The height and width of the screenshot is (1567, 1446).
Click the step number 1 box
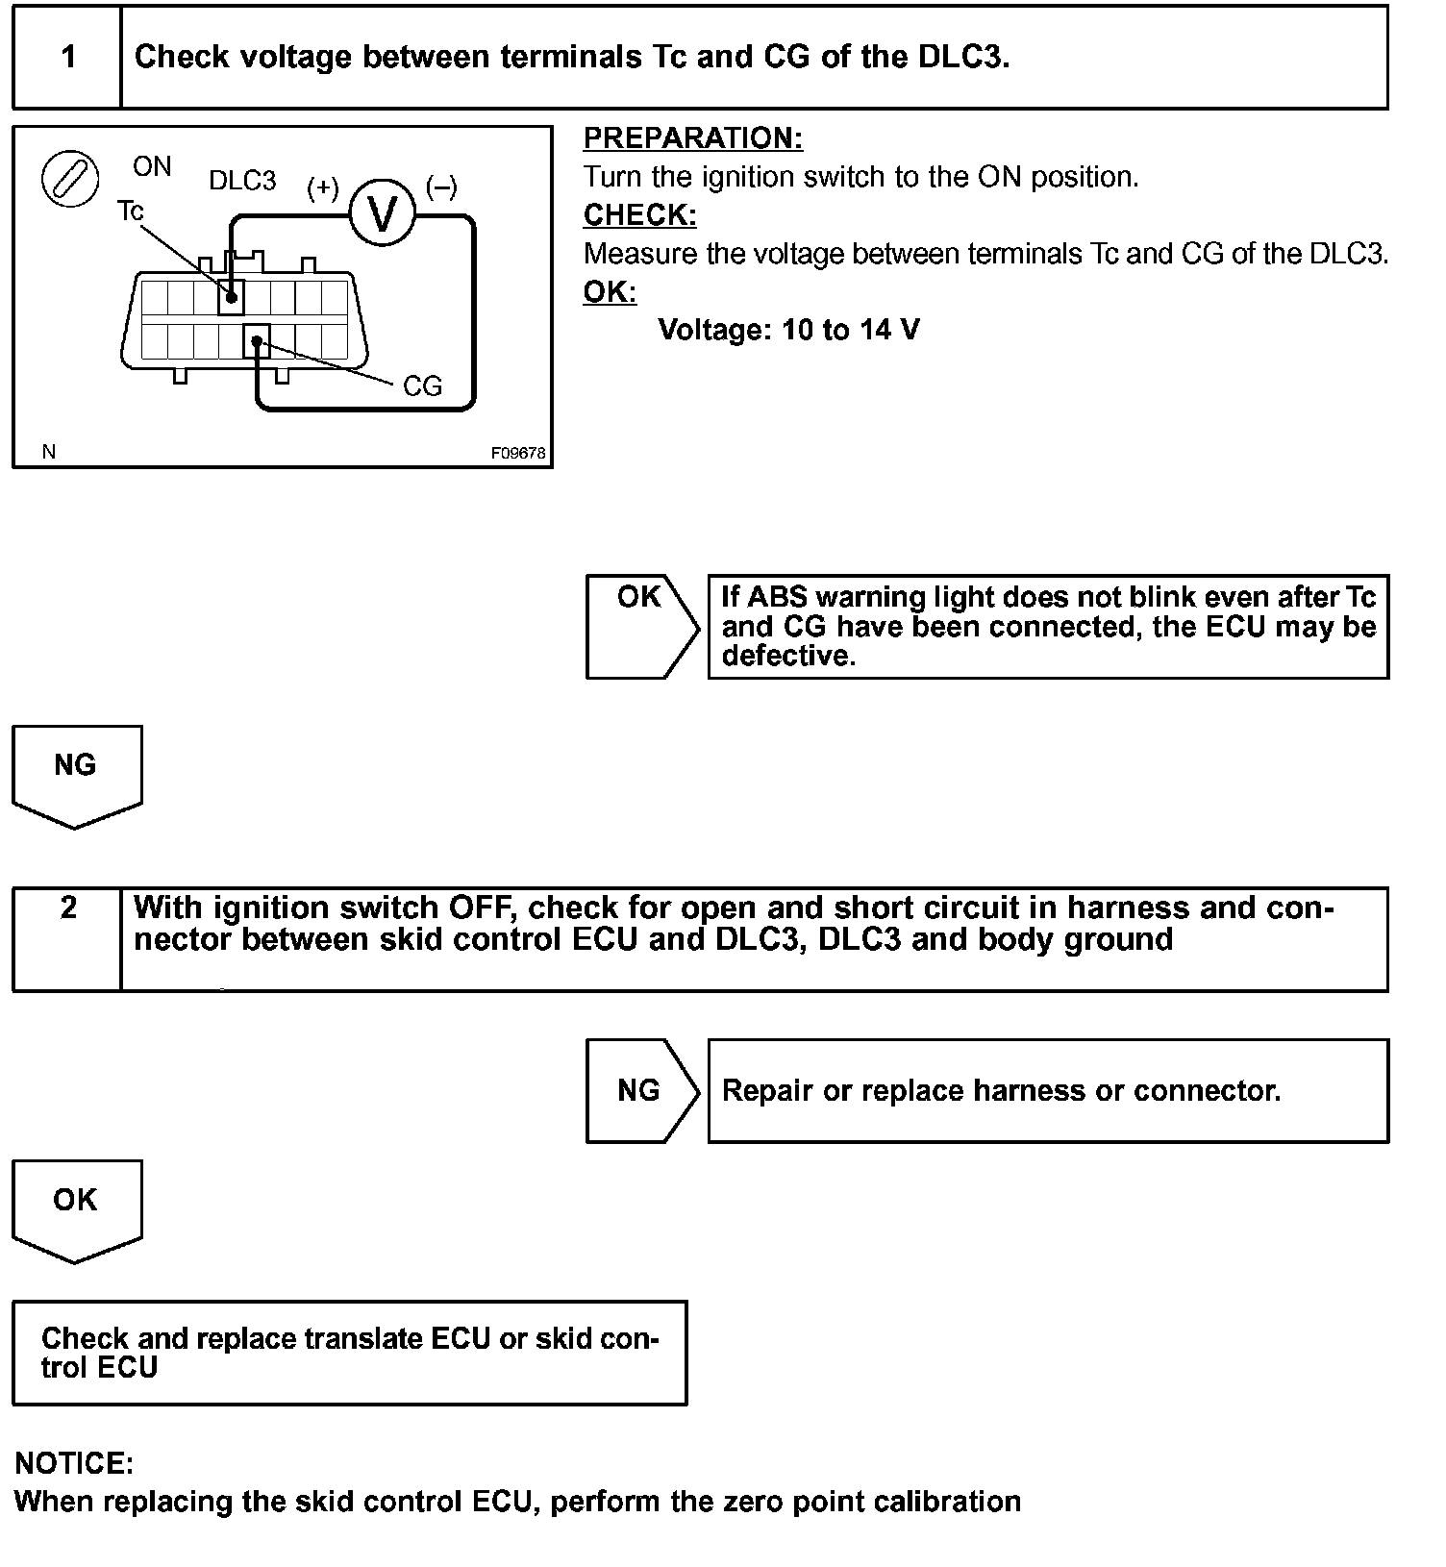[x=67, y=57]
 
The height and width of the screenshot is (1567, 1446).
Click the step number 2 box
[x=67, y=937]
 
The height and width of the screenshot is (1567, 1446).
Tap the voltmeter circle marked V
[x=382, y=213]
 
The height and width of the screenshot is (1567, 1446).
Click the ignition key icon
[x=70, y=179]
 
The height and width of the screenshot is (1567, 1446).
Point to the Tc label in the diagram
[x=130, y=210]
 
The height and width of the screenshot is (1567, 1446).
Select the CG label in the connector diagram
[x=422, y=386]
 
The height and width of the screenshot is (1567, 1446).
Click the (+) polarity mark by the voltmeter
[x=323, y=187]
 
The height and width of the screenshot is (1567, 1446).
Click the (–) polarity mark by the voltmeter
[x=441, y=187]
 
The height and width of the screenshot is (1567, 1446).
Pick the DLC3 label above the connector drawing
[x=242, y=181]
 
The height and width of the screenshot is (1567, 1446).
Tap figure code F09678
[x=518, y=453]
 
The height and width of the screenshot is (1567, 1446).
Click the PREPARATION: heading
[x=692, y=138]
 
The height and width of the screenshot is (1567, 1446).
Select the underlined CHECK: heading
[x=639, y=215]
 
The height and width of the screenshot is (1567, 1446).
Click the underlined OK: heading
[x=610, y=292]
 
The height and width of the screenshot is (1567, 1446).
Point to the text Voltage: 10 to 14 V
[x=788, y=331]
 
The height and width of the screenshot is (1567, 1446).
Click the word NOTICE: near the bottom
[x=74, y=1463]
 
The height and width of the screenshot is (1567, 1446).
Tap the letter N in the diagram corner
[x=49, y=452]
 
